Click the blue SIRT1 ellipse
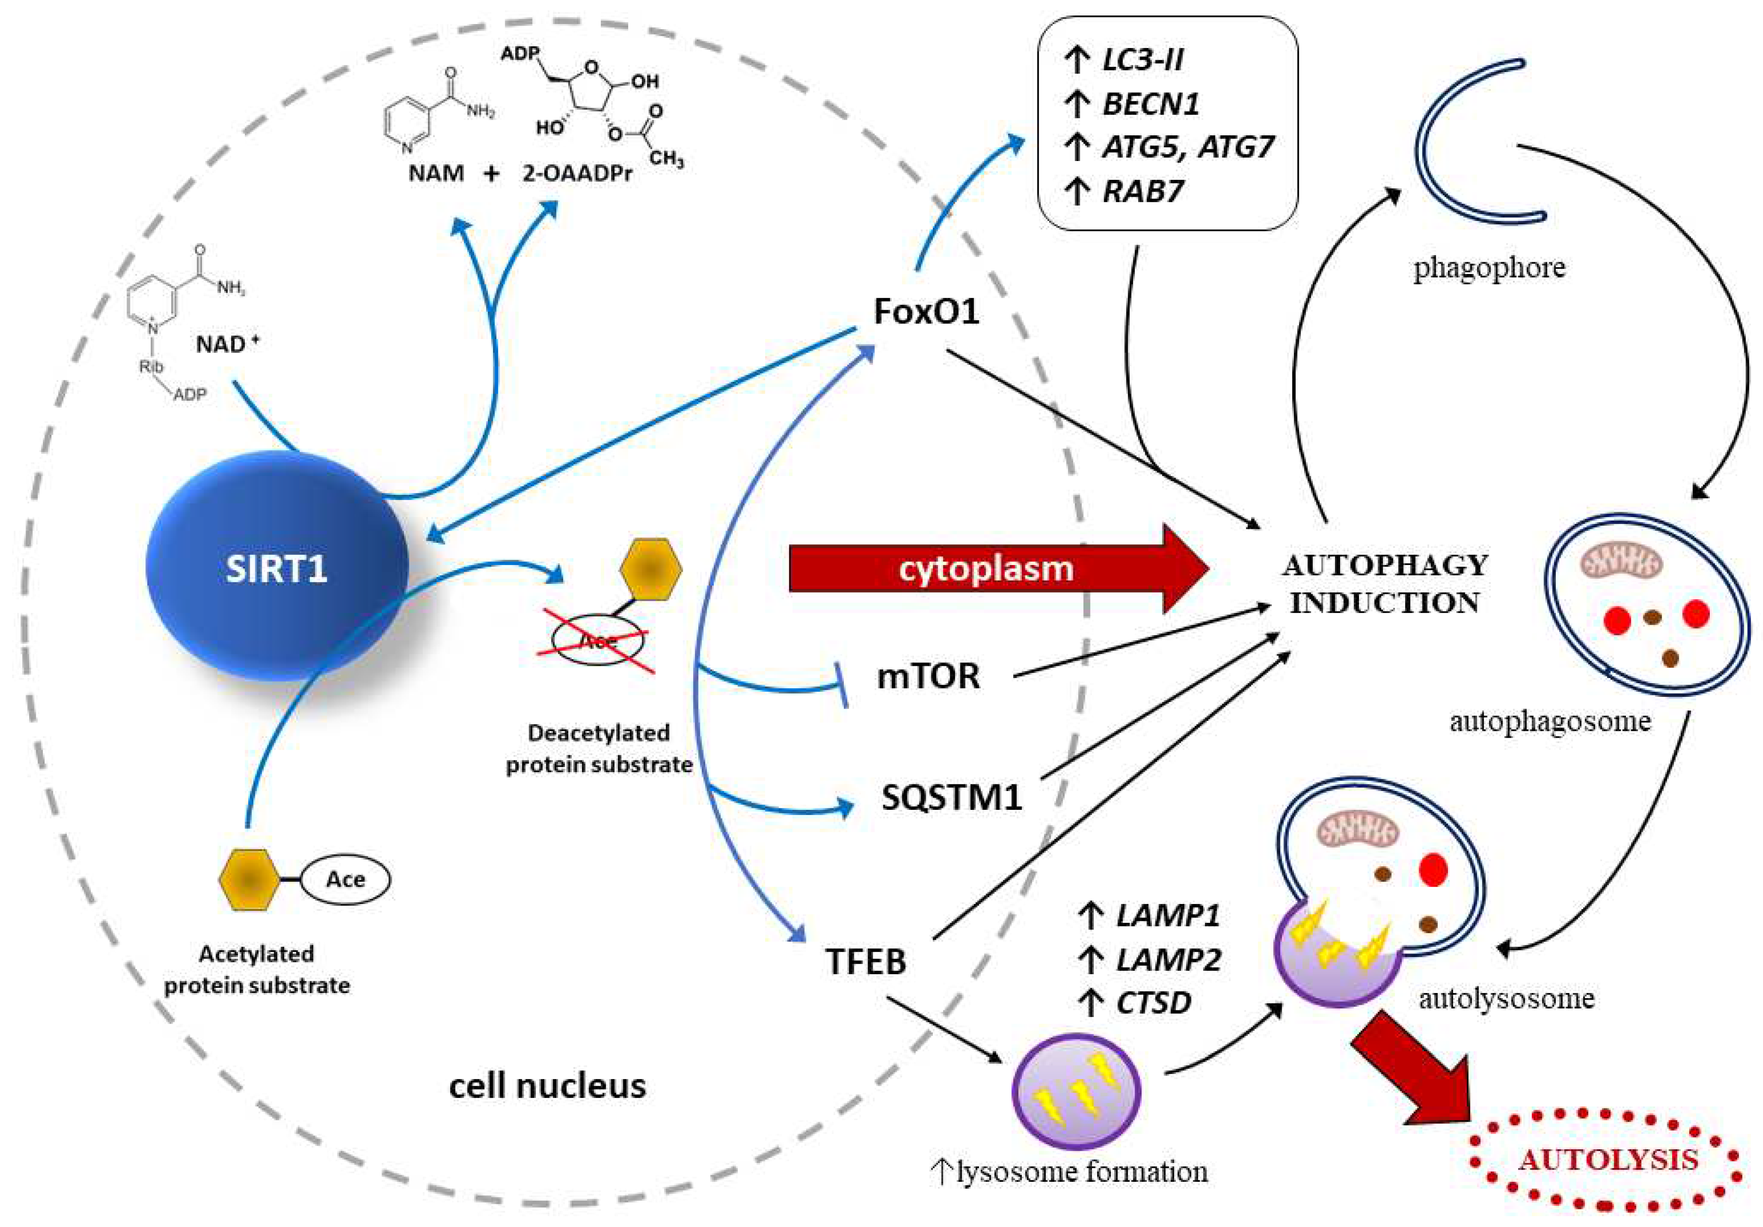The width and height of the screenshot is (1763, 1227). [276, 567]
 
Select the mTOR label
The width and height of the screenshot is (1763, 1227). [928, 676]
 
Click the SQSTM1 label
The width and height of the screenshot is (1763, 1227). [951, 798]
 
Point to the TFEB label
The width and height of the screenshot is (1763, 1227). [865, 961]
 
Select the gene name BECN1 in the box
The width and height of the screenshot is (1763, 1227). [1150, 104]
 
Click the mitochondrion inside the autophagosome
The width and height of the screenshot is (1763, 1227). [1621, 562]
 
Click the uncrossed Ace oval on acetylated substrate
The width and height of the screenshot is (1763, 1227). [345, 879]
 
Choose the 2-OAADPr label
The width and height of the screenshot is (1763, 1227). [577, 174]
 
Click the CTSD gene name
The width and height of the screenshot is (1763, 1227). [1153, 1002]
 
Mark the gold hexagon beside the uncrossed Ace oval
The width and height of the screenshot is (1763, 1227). [248, 879]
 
